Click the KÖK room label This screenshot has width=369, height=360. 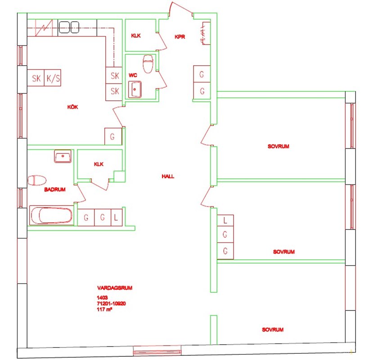tap(72, 107)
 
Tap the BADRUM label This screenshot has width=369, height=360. tap(55, 189)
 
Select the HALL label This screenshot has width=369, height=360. tap(168, 176)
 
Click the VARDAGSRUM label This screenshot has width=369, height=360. tap(115, 288)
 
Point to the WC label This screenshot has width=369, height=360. tap(133, 75)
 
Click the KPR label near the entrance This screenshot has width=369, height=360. tap(180, 37)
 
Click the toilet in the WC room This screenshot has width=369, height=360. tap(148, 64)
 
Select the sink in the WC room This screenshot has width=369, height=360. tap(135, 90)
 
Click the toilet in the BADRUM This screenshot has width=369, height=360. tap(37, 180)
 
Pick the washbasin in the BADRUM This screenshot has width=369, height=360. tap(63, 156)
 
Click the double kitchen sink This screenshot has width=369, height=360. tap(69, 27)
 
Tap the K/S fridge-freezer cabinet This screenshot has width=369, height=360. tap(53, 78)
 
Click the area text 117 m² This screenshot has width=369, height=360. tap(104, 310)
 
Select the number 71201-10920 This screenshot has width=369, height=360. tap(111, 304)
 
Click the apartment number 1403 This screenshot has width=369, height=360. tap(102, 297)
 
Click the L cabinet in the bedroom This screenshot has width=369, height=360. tap(225, 220)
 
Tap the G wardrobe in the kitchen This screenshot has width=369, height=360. tap(113, 136)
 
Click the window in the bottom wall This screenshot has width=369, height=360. tap(157, 352)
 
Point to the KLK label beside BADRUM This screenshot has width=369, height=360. tap(99, 164)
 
